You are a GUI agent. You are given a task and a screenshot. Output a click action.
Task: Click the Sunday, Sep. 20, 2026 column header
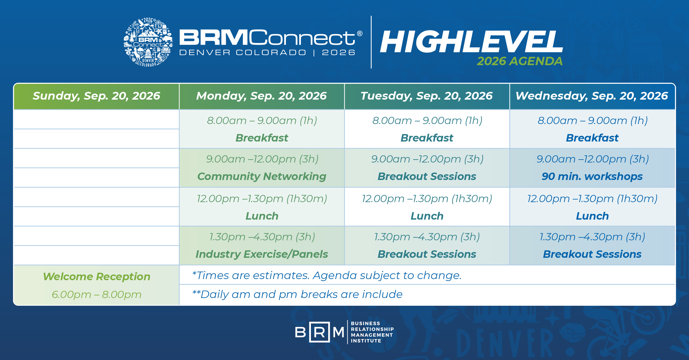click(x=96, y=96)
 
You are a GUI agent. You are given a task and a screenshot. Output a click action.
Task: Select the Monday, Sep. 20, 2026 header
click(x=262, y=96)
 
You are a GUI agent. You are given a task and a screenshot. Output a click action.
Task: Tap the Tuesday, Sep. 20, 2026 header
click(x=427, y=96)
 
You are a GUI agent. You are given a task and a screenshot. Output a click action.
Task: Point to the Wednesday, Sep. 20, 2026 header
click(x=592, y=96)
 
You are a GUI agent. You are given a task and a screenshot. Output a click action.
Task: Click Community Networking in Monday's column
click(x=262, y=176)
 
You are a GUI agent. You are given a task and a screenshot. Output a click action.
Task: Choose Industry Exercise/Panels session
click(x=262, y=254)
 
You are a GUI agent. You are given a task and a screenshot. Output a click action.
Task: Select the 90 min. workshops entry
click(x=592, y=176)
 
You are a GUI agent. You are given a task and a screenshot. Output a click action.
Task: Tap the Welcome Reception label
click(x=97, y=276)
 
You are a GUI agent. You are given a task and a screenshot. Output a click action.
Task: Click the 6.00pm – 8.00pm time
click(x=97, y=295)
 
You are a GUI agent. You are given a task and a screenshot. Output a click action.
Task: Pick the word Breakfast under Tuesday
click(x=427, y=138)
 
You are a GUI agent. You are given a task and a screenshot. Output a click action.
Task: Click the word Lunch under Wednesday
click(x=592, y=216)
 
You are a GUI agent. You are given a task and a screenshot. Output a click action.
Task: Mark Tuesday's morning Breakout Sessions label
click(x=427, y=176)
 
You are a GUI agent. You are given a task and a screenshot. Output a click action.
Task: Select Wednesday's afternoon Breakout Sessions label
click(x=592, y=254)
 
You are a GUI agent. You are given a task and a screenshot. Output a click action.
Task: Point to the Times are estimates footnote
click(x=327, y=275)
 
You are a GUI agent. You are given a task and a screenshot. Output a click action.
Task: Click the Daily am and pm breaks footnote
click(x=297, y=294)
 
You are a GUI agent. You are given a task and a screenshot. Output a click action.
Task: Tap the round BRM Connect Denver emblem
click(x=148, y=42)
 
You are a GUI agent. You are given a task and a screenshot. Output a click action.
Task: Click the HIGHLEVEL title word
click(x=471, y=42)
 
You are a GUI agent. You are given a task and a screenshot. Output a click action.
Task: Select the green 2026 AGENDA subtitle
click(x=520, y=61)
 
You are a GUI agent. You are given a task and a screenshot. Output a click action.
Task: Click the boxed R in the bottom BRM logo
click(x=319, y=332)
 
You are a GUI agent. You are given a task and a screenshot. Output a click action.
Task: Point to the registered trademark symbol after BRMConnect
click(x=359, y=34)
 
